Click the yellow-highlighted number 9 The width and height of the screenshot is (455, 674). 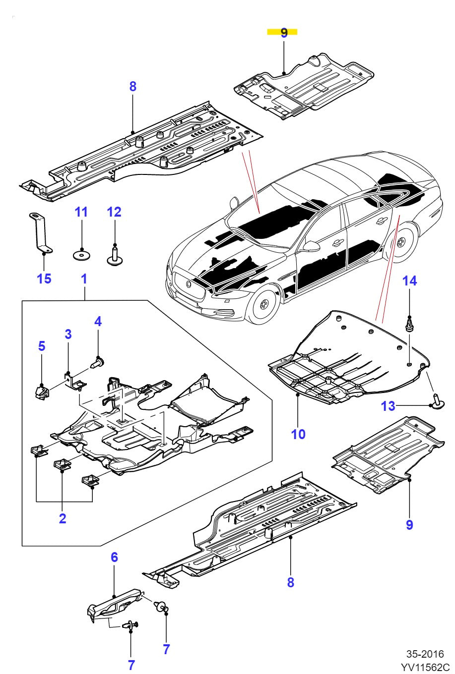(283, 33)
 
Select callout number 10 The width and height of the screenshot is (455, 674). (298, 434)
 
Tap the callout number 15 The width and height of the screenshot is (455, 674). (44, 279)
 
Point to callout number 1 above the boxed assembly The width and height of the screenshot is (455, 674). (84, 279)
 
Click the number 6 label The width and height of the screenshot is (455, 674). (114, 557)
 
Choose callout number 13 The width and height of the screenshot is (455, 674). (388, 406)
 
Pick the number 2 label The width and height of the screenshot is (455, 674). (63, 519)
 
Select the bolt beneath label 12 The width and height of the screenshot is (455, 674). (115, 257)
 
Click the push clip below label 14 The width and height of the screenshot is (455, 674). (409, 325)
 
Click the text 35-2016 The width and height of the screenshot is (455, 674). (425, 654)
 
